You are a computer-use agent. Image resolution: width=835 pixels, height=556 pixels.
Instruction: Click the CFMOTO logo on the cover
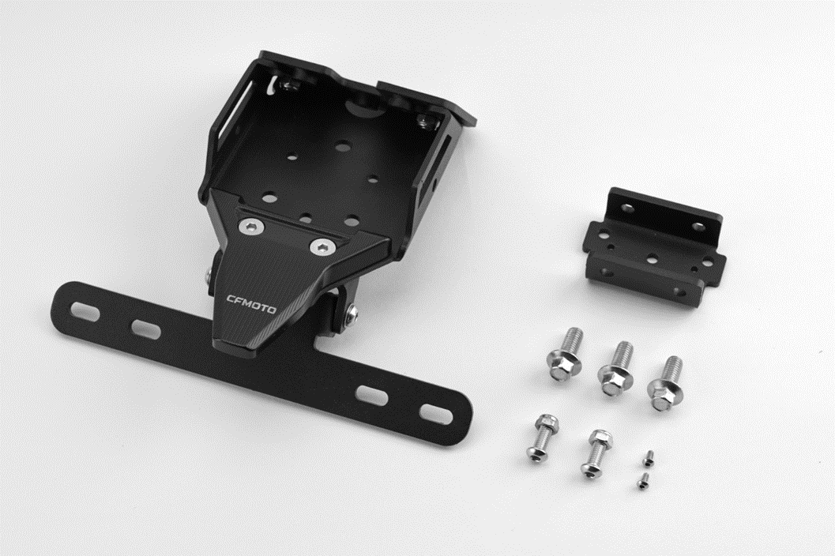[251, 303]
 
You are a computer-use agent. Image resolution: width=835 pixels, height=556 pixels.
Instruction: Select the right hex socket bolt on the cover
[323, 247]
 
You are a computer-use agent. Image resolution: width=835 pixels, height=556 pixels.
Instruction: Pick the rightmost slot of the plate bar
[436, 414]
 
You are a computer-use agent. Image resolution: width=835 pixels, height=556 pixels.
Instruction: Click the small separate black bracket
[654, 242]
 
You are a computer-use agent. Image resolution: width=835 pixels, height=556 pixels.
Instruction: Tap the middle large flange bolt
[616, 369]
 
